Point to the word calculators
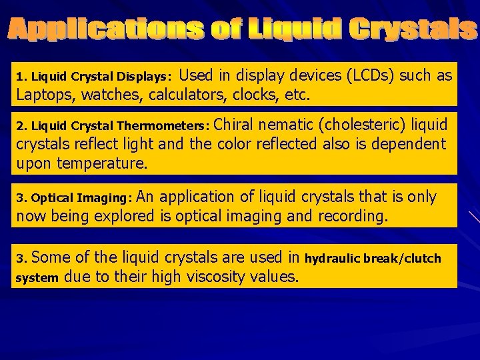(197, 95)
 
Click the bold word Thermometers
(163, 125)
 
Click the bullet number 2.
(21, 125)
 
